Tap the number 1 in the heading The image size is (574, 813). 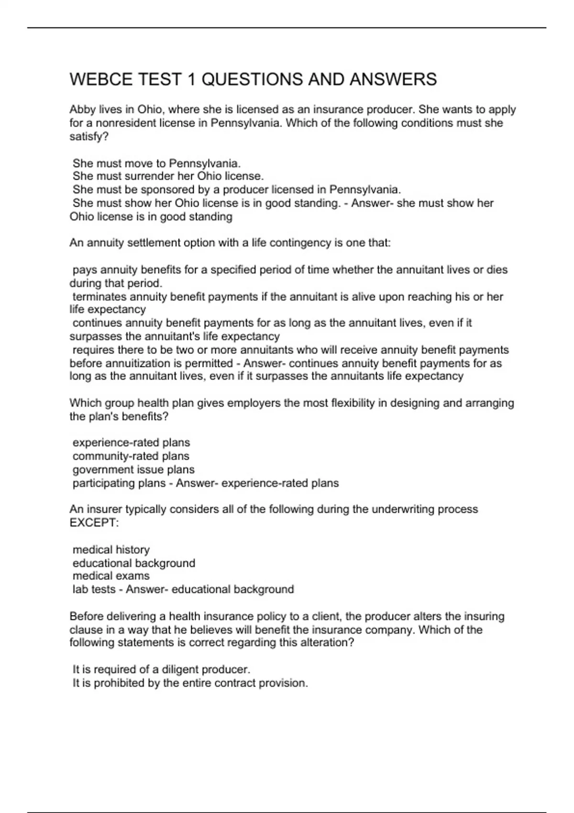click(190, 79)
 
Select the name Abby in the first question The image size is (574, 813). click(82, 110)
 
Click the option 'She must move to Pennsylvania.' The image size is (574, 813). click(156, 163)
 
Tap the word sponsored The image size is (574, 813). click(166, 190)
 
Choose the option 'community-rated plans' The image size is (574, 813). click(131, 456)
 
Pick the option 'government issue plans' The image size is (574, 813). click(133, 470)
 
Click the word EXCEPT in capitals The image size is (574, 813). click(92, 523)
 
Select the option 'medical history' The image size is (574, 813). click(111, 550)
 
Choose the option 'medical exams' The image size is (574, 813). click(111, 576)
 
